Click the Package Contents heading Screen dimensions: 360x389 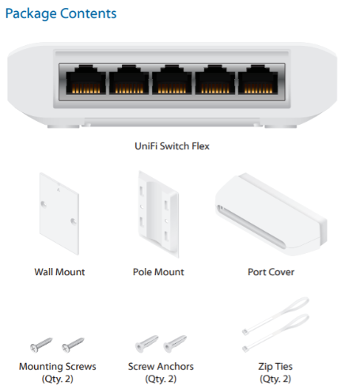click(x=61, y=13)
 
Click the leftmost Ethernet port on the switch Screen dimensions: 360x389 click(x=85, y=79)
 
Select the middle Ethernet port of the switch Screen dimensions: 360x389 click(x=172, y=79)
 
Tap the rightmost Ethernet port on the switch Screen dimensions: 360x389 click(x=258, y=79)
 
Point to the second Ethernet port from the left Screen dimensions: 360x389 click(x=129, y=79)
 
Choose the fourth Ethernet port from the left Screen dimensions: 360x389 click(x=215, y=79)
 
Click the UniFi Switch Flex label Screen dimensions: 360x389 click(x=172, y=146)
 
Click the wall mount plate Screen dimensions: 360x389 click(x=59, y=213)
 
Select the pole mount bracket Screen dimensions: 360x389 click(x=158, y=214)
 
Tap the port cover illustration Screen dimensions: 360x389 click(x=271, y=214)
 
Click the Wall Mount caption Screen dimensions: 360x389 click(x=59, y=272)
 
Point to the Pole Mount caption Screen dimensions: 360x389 click(x=158, y=272)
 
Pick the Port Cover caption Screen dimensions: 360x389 click(x=271, y=272)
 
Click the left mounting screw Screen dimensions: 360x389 click(x=41, y=345)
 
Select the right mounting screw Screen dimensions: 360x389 click(x=73, y=345)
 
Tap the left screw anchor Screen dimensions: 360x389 click(x=146, y=344)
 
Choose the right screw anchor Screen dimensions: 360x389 click(x=175, y=344)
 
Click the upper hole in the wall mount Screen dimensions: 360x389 click(x=44, y=204)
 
